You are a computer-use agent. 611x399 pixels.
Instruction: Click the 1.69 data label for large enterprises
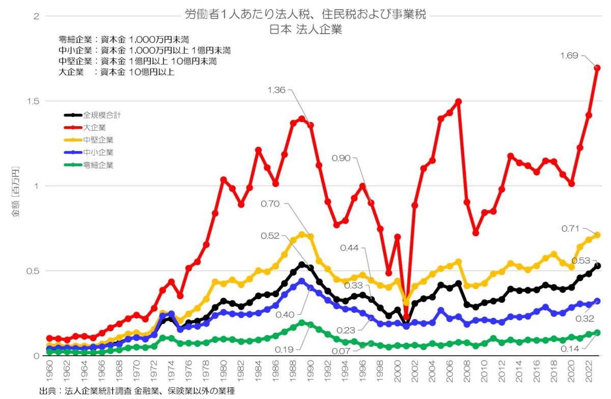(x=570, y=56)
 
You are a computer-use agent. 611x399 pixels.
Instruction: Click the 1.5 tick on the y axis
(x=34, y=101)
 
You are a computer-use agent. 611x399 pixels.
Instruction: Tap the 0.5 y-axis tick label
(x=34, y=271)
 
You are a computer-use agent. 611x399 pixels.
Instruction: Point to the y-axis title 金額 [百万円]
(x=15, y=191)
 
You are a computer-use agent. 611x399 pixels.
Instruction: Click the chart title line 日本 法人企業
(x=305, y=30)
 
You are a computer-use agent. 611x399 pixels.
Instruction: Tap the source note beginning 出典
(x=137, y=391)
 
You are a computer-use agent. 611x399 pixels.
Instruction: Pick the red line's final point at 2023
(x=597, y=68)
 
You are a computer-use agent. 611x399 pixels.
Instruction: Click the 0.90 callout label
(x=341, y=158)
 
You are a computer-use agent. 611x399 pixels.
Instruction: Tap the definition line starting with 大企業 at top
(x=117, y=72)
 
